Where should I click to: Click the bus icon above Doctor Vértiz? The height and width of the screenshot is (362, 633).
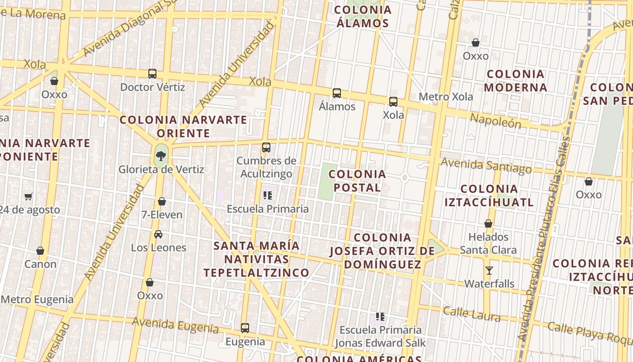[x=152, y=74]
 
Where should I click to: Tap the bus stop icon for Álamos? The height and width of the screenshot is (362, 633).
[x=337, y=93]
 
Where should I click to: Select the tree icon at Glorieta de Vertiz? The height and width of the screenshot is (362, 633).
[x=161, y=157]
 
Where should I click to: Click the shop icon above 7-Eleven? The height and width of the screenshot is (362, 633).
[x=162, y=201]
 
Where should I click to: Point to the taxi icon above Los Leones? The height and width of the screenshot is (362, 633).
[x=158, y=234]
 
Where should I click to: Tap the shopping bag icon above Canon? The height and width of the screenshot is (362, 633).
[x=40, y=251]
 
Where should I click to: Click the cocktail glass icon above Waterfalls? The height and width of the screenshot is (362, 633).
[x=489, y=271]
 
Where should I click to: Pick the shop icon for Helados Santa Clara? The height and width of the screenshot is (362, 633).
[x=488, y=224]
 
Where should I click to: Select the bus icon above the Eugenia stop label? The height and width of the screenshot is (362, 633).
[x=245, y=328]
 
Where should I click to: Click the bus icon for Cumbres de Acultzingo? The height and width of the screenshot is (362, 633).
[x=266, y=148]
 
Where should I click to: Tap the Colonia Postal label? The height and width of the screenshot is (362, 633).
[x=357, y=181]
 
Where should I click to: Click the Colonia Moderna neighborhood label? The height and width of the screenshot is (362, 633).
[x=515, y=81]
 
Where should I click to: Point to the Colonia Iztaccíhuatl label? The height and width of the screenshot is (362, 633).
[x=489, y=195]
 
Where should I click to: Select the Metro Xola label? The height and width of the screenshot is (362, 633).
[x=446, y=97]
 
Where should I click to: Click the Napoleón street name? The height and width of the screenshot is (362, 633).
[x=496, y=121]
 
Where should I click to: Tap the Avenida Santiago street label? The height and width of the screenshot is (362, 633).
[x=486, y=166]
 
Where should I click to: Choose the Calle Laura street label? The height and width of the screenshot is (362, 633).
[x=472, y=314]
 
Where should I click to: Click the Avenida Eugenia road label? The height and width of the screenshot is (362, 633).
[x=175, y=325]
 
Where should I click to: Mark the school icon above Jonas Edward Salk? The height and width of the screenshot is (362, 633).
[x=380, y=317]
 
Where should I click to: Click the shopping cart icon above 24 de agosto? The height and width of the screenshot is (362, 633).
[x=28, y=196]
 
